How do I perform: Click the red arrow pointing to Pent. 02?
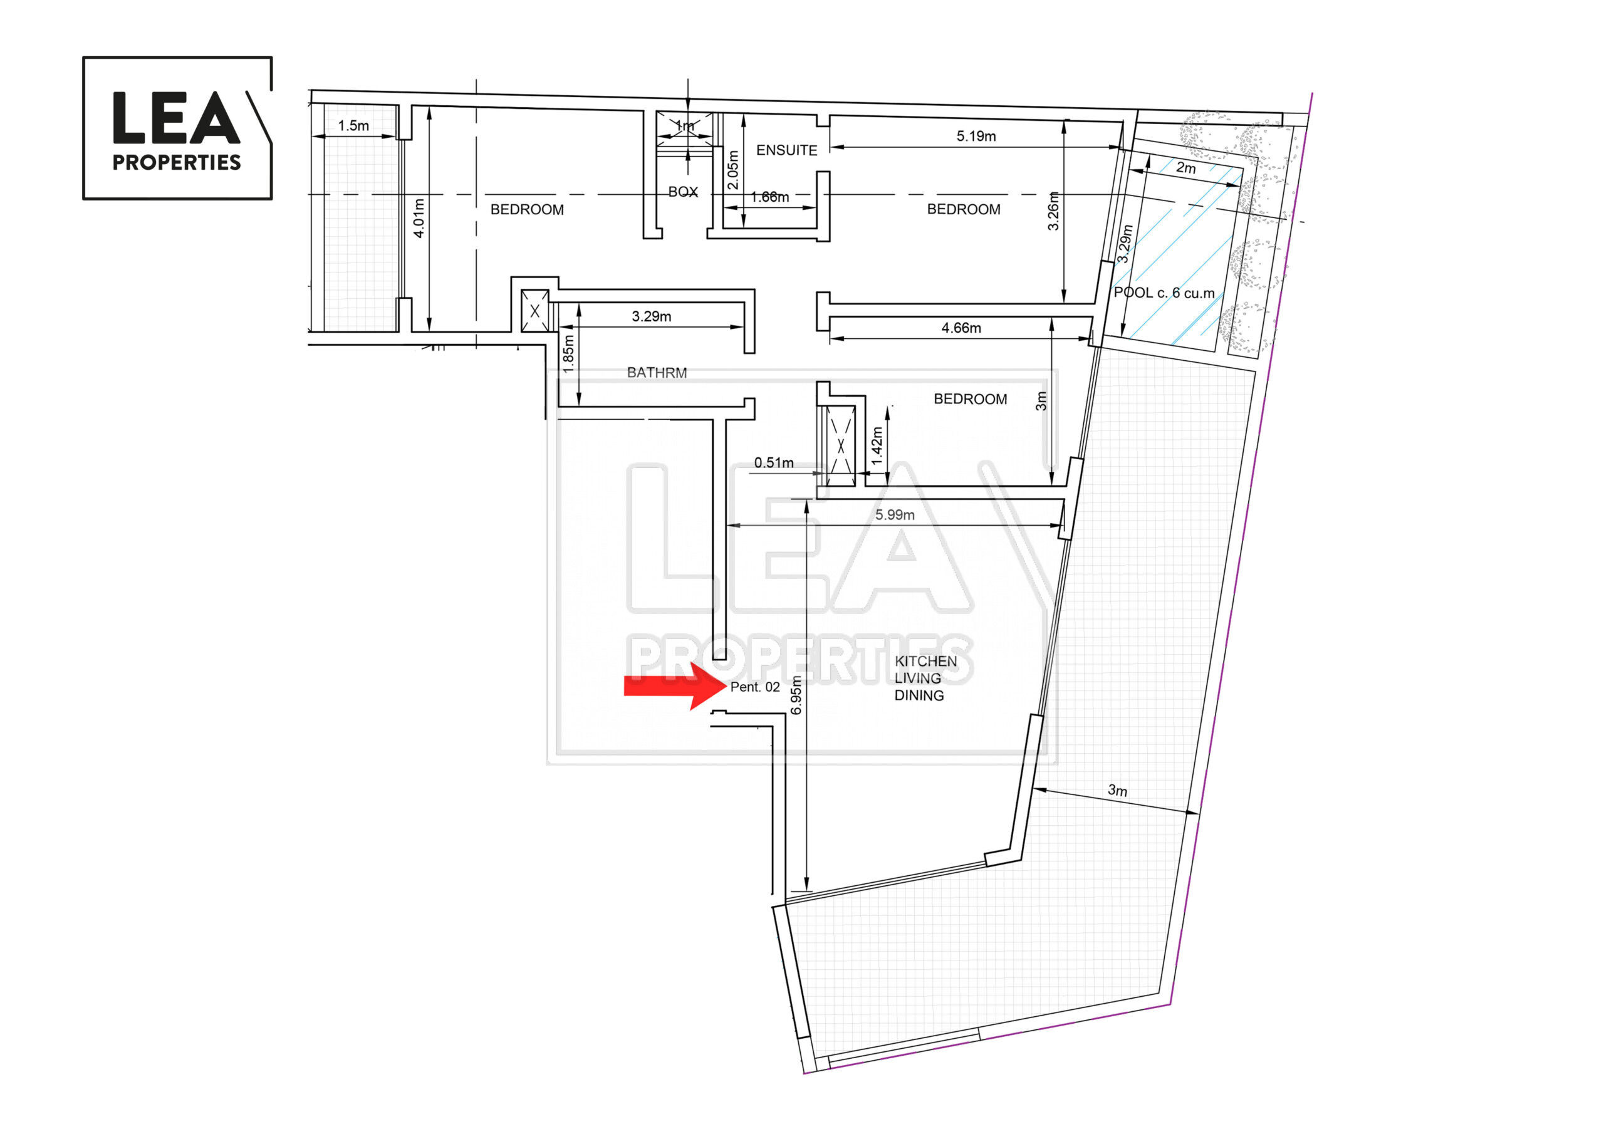675,686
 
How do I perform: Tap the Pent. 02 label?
754,687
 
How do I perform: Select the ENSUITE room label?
786,150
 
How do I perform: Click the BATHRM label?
657,372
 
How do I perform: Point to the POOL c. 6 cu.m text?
1164,293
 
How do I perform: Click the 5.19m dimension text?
976,135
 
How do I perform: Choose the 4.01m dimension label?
419,218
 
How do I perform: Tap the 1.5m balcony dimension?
353,126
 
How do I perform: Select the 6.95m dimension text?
796,695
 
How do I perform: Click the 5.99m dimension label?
895,515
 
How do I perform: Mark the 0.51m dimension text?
774,462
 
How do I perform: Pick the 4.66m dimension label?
961,328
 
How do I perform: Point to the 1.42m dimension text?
877,446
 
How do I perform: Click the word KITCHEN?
925,661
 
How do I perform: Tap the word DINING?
919,695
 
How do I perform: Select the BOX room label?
683,192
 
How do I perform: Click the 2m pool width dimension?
1185,168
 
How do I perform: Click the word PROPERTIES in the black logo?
177,162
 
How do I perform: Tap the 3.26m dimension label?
1053,211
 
